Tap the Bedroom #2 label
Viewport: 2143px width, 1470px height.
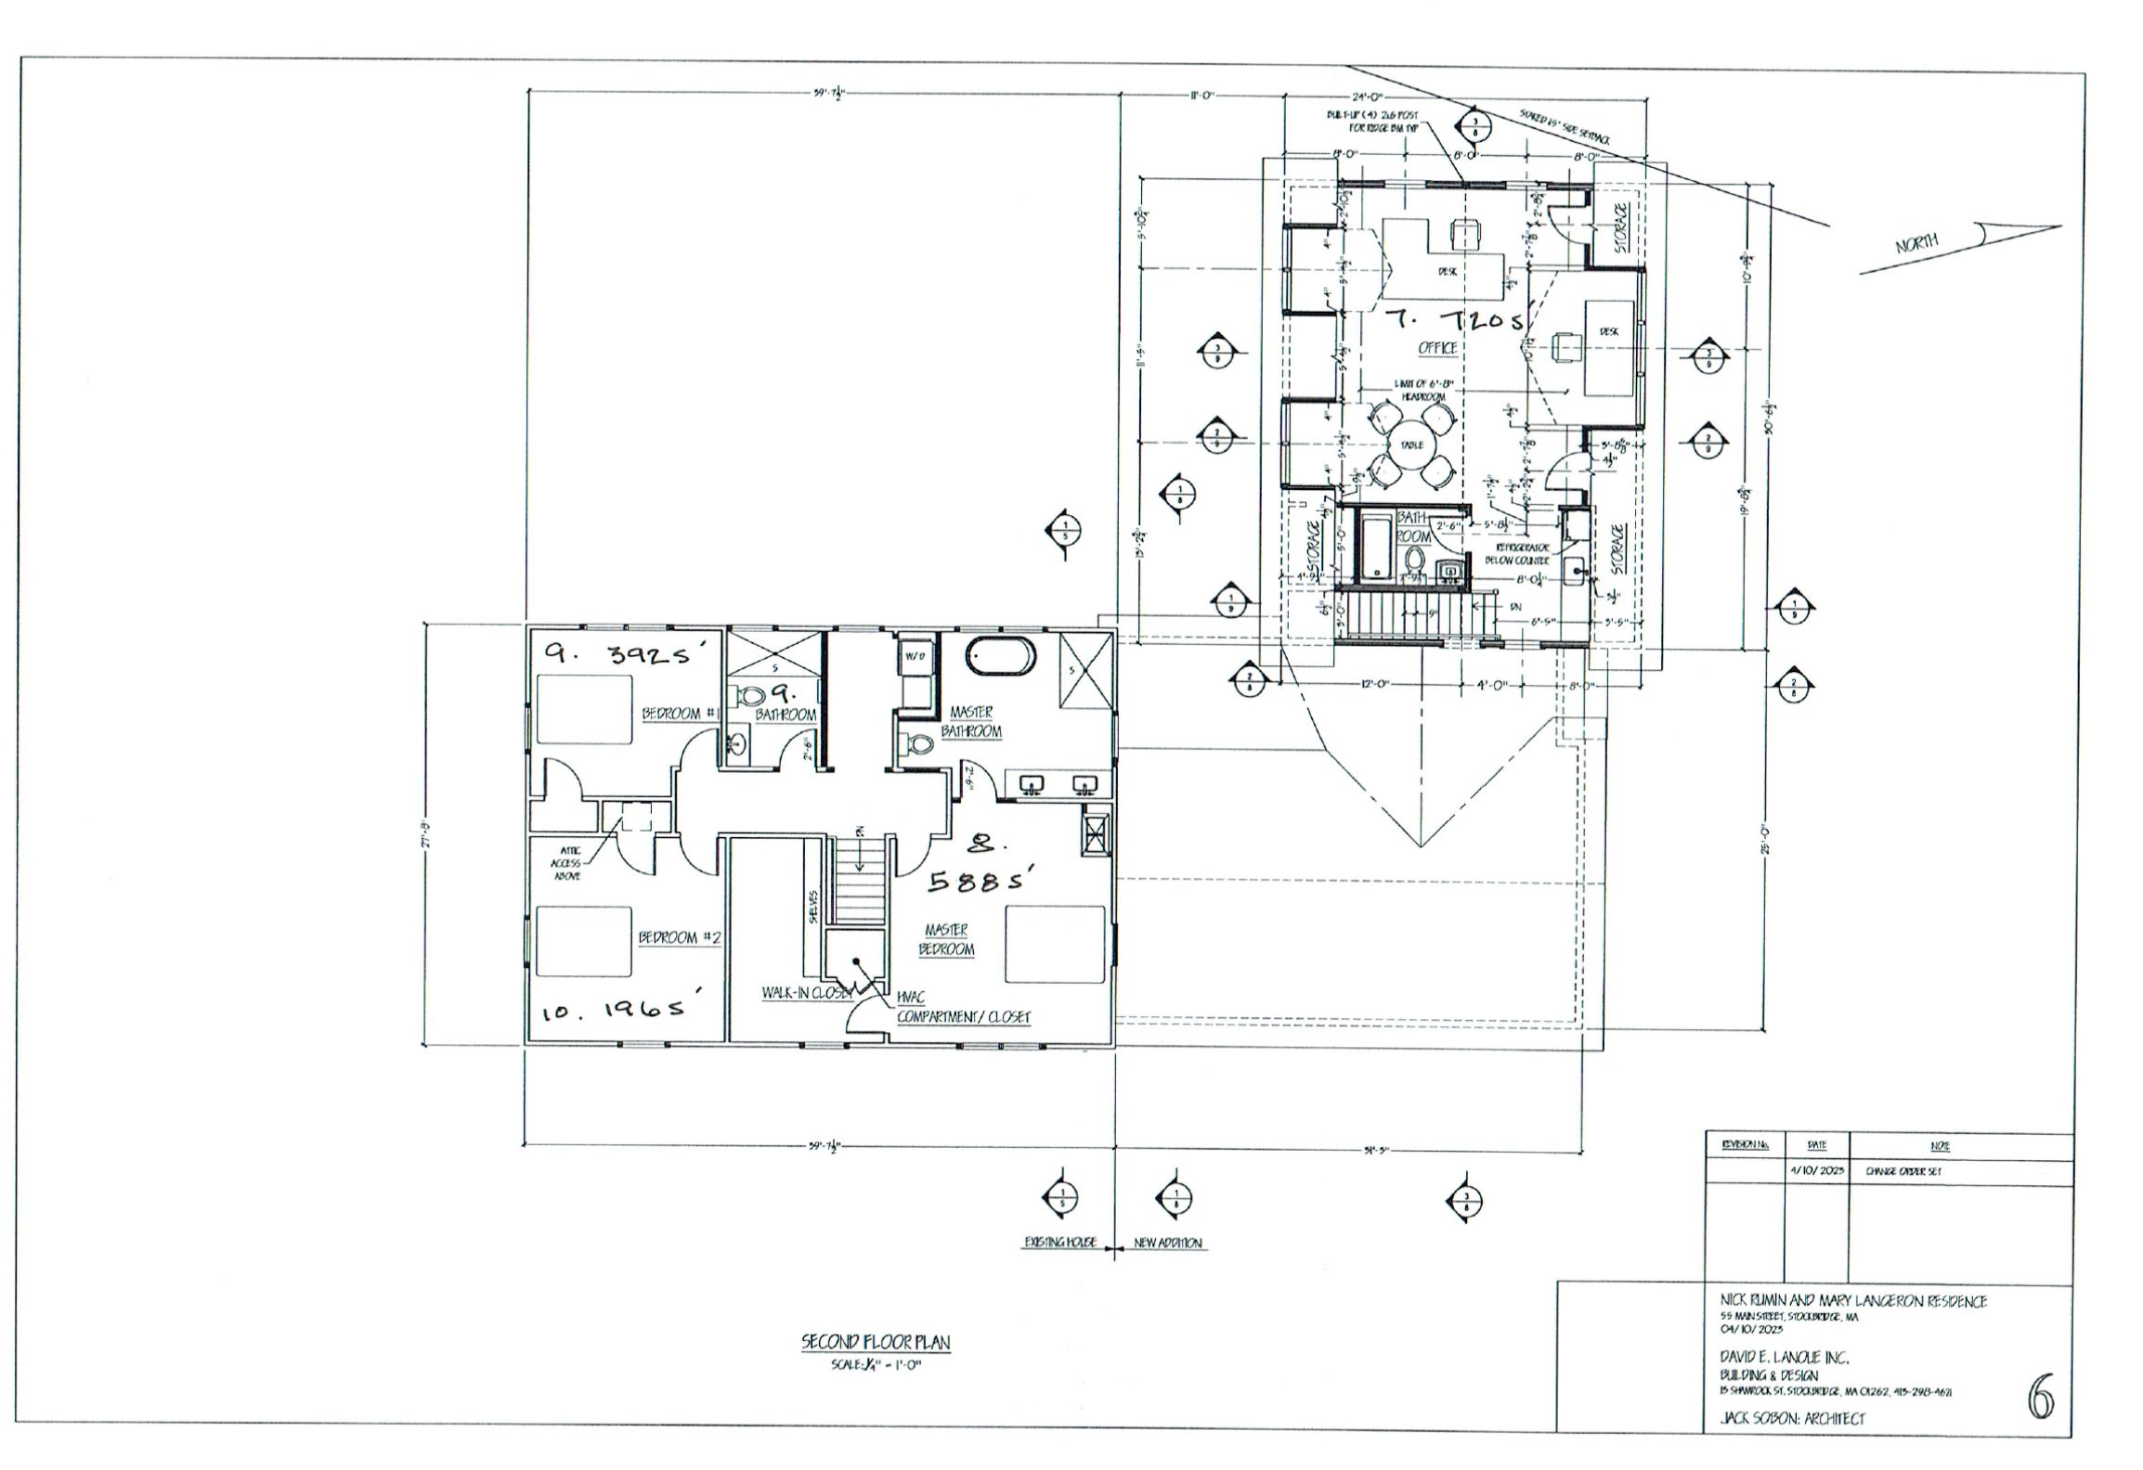coord(679,938)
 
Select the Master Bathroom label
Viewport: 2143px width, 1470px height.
coord(971,722)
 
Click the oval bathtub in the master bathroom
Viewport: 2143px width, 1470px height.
coord(1000,656)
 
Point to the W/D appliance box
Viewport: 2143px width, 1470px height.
coord(916,656)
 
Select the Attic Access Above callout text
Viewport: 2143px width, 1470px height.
coord(565,862)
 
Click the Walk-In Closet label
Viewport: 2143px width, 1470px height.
coord(806,993)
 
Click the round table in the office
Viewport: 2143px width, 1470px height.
coord(1411,445)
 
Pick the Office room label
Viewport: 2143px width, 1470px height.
coord(1436,348)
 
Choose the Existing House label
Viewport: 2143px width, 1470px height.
coord(1060,1243)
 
